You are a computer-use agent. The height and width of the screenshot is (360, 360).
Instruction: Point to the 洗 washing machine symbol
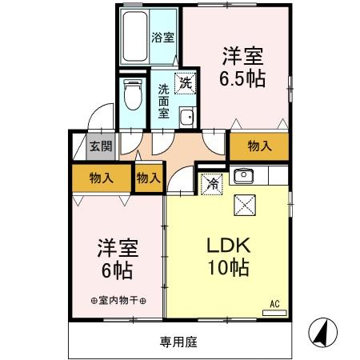coord(185,82)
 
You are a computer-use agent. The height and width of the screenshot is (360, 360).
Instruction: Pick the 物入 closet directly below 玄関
coord(101,176)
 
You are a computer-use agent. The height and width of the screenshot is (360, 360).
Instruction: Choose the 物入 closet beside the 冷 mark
coord(148,178)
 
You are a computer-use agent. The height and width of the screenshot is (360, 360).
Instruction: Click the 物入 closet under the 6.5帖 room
coord(258,146)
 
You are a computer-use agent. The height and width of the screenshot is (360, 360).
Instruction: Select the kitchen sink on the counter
coord(242,175)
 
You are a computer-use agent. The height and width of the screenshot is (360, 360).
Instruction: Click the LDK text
coord(228,245)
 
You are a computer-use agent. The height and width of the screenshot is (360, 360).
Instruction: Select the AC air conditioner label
coord(273,302)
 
